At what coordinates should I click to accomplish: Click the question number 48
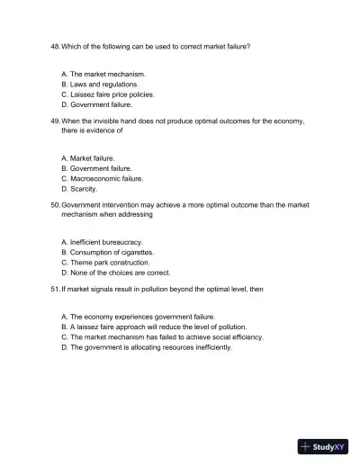click(54, 44)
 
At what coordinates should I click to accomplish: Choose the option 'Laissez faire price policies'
click(112, 94)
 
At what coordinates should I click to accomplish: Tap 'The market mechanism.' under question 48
click(107, 73)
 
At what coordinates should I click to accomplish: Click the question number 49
click(54, 120)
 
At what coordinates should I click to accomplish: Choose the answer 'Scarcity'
click(84, 189)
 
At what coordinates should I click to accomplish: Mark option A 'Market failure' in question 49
click(92, 157)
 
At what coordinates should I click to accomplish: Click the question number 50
click(54, 204)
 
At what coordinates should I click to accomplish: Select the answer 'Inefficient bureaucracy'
click(106, 242)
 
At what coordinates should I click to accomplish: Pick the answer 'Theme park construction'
click(109, 263)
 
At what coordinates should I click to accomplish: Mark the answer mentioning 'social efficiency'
click(161, 337)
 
